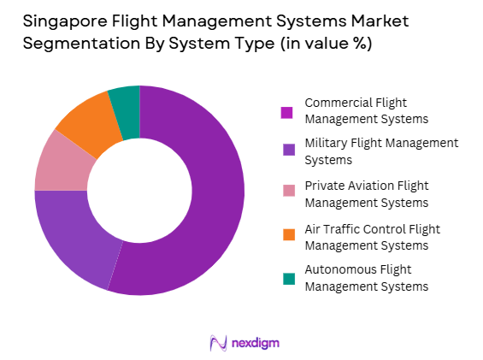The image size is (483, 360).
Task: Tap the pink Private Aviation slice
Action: pos(57,162)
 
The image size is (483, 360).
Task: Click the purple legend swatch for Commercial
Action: pos(287,112)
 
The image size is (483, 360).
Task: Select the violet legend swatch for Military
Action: pos(287,150)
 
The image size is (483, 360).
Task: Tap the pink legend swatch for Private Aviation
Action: pos(287,192)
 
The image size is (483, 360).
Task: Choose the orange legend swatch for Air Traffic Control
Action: pos(287,233)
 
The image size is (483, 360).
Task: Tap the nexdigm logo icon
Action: pos(217,343)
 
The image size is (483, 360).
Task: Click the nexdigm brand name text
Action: pos(255,344)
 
